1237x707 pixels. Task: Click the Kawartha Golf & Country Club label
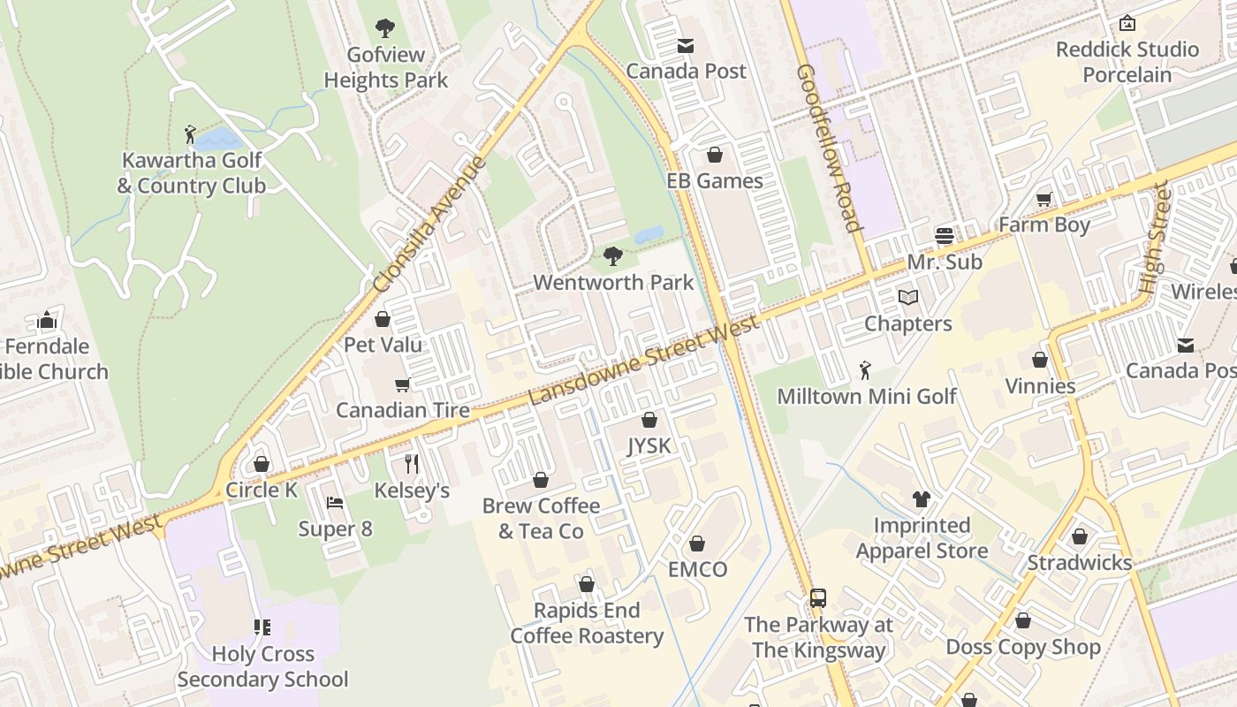tap(191, 173)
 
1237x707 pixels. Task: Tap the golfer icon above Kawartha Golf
tap(191, 134)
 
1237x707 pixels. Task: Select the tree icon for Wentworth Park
tap(613, 257)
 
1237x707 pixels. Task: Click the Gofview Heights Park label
tap(386, 67)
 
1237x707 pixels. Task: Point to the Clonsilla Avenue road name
tap(430, 225)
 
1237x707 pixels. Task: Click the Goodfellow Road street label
tap(829, 148)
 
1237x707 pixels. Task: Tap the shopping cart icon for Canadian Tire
tap(403, 384)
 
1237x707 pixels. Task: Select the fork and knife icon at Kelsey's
tap(412, 463)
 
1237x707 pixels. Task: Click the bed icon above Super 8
tap(335, 503)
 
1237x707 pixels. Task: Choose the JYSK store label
tap(649, 446)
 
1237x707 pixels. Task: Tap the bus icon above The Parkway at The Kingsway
tap(818, 598)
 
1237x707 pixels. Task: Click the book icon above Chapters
tap(908, 298)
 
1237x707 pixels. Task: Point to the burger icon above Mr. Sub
tap(945, 236)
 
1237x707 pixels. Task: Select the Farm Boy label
tap(1044, 225)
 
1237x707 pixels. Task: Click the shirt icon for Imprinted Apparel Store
tap(922, 499)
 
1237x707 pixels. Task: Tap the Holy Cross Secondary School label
tap(262, 666)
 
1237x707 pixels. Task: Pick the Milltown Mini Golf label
tap(866, 396)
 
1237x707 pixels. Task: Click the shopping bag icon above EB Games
tap(715, 155)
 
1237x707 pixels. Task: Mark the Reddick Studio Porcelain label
tap(1127, 62)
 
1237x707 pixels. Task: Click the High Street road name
tap(1154, 238)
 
